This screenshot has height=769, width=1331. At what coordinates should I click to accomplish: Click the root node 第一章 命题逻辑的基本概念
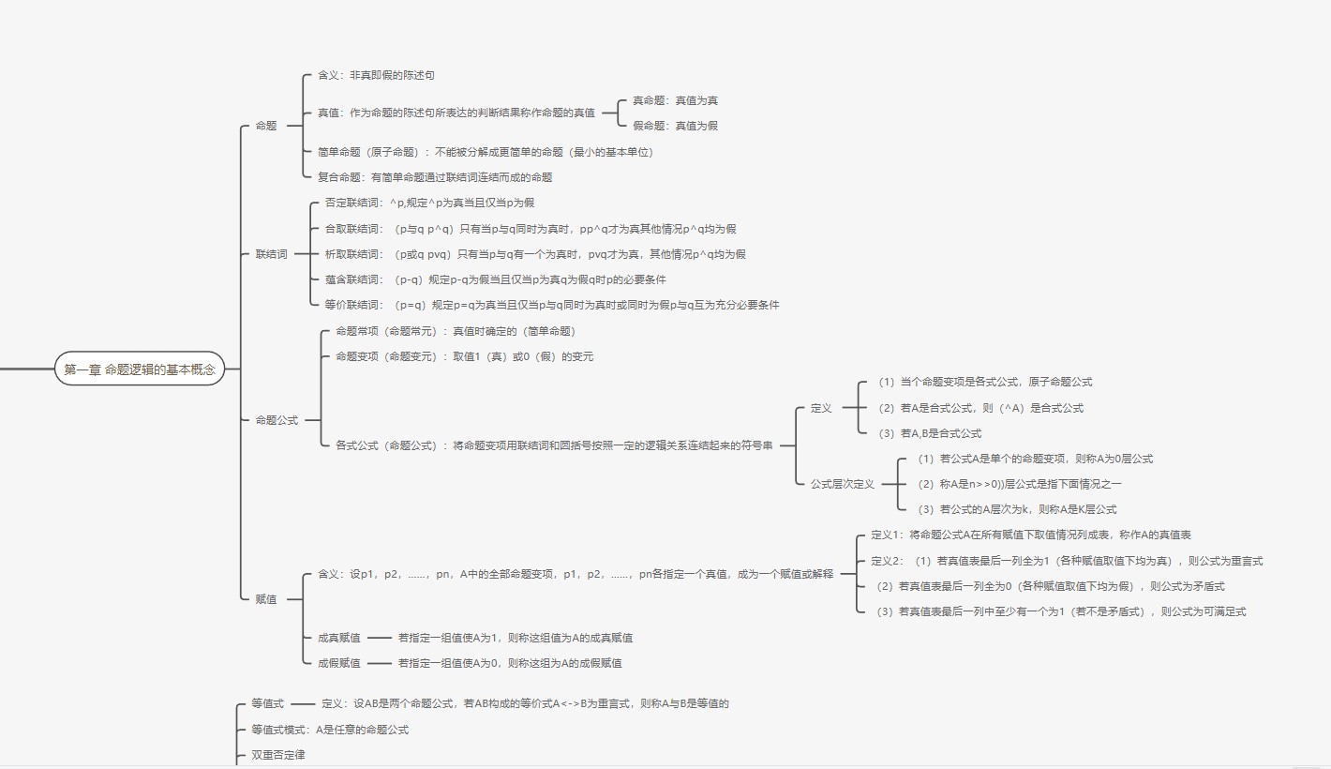point(140,369)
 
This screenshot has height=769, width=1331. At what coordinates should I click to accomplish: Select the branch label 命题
point(266,126)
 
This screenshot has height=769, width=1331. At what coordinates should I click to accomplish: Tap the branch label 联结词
point(272,254)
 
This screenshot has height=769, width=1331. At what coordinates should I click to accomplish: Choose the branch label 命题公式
point(277,420)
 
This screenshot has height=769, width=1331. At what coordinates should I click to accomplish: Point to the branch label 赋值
point(266,599)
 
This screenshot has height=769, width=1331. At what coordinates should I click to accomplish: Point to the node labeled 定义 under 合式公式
point(821,408)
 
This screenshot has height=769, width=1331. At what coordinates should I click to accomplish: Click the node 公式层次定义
point(842,484)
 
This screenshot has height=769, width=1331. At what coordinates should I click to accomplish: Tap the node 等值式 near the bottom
point(267,703)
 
